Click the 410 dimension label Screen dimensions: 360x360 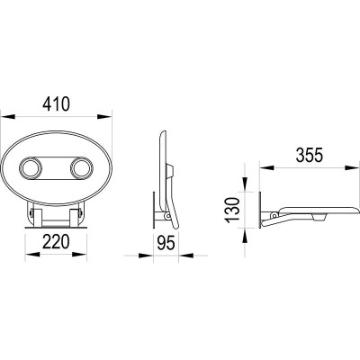tap(56, 103)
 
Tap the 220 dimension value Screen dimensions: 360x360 tap(56, 242)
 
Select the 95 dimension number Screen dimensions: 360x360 tap(166, 243)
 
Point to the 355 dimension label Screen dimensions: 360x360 tap(310, 155)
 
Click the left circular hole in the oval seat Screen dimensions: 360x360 tap(31, 168)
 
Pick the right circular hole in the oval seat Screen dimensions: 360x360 tap(81, 168)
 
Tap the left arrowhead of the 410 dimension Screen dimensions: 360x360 tap(8, 117)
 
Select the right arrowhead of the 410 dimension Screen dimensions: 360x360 tap(104, 117)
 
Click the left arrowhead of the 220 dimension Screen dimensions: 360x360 tap(32, 255)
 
